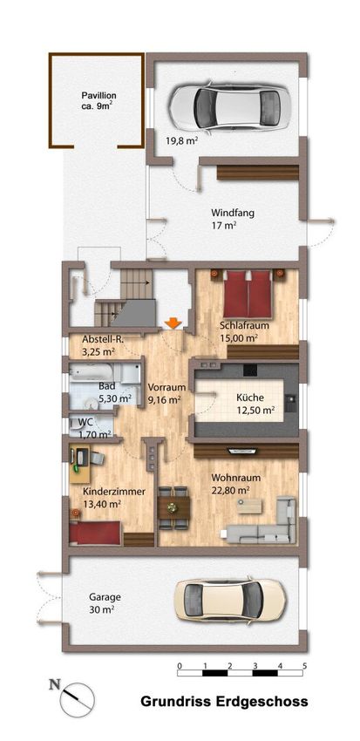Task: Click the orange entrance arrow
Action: point(173,323)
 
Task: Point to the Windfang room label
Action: point(233,213)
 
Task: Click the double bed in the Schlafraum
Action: point(247,294)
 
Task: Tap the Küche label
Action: point(250,398)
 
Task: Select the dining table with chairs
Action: point(173,508)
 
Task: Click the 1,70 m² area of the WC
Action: point(94,433)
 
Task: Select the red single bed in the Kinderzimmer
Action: point(95,532)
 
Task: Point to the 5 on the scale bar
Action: point(305,666)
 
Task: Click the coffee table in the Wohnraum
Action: point(249,506)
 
